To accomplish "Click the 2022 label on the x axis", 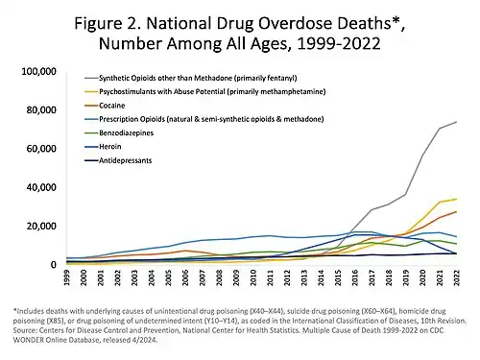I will (x=455, y=279).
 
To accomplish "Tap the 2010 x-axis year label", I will (x=250, y=279).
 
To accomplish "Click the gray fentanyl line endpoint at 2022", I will (x=455, y=122).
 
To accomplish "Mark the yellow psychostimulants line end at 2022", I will (x=455, y=200).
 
